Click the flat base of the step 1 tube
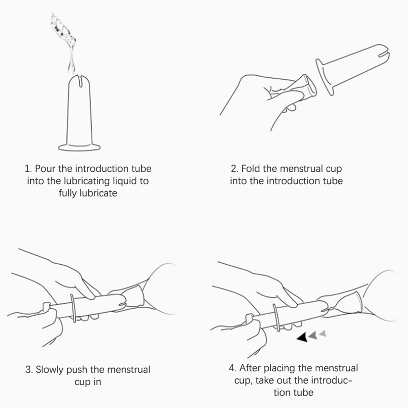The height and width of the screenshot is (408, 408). tap(79, 147)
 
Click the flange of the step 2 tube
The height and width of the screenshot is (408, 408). tap(325, 77)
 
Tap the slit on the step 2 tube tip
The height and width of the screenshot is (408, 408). tap(384, 54)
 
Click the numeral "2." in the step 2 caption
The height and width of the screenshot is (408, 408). tap(235, 169)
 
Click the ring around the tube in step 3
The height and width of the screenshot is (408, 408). tap(73, 308)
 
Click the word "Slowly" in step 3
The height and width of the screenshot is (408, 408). tap(50, 369)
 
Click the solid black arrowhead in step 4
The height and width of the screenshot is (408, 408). tap(303, 337)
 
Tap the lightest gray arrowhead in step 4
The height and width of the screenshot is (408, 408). tap(323, 333)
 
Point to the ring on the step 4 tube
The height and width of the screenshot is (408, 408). tap(277, 318)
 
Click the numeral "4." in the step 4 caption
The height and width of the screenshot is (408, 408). tap(233, 368)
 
